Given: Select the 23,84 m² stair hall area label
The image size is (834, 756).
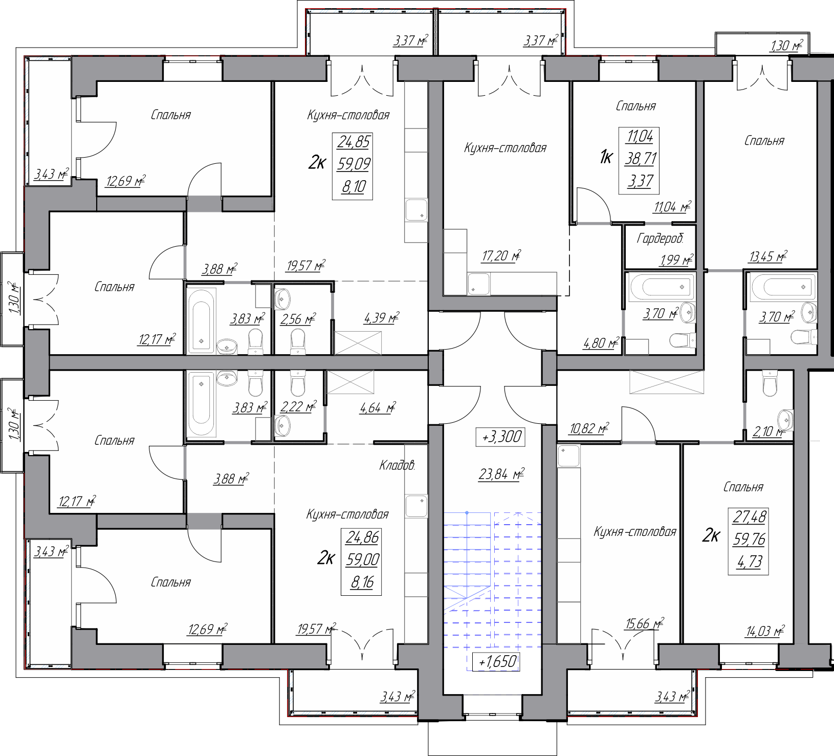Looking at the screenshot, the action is click(x=501, y=474).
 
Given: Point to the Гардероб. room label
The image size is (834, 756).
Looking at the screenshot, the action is click(x=660, y=239).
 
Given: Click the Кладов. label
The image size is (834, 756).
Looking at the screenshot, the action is click(x=397, y=466).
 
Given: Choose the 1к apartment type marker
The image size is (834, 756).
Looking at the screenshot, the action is click(x=606, y=158).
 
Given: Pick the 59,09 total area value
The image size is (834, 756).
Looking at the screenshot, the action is click(x=354, y=164).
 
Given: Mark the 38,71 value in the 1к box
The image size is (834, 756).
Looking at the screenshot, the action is click(x=641, y=159).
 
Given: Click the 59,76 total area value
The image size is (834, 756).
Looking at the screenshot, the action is click(x=749, y=539).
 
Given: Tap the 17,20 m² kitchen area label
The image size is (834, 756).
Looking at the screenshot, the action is click(x=501, y=255).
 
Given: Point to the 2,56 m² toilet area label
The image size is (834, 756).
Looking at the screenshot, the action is click(x=298, y=319).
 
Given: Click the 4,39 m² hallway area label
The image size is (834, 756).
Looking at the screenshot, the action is click(x=382, y=318).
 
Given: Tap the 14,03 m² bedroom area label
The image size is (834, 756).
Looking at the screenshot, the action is click(x=765, y=631).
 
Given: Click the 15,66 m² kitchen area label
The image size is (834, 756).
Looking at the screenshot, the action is click(x=645, y=623).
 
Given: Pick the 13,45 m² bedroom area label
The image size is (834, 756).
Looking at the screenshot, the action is click(x=767, y=257).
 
